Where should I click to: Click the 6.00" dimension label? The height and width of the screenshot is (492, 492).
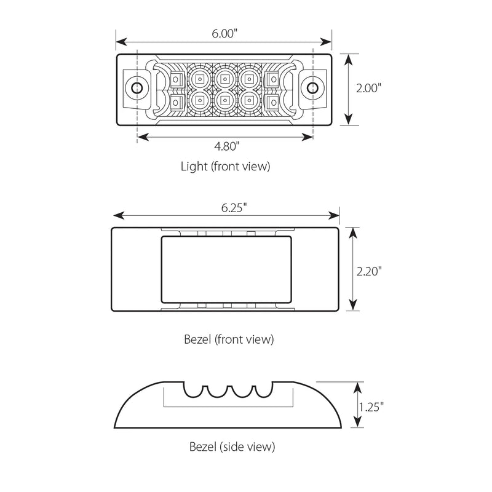tap(225, 33)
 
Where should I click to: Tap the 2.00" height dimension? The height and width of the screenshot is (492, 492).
tap(368, 88)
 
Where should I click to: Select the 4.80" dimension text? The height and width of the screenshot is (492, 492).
tap(225, 146)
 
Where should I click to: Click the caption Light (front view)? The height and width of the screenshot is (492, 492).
tap(225, 165)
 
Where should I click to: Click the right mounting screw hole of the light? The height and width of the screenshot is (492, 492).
tap(312, 88)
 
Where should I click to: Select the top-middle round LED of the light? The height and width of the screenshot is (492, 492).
tap(225, 78)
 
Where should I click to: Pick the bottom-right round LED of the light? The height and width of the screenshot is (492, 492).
tap(249, 98)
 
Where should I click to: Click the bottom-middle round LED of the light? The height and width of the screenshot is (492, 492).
tap(225, 98)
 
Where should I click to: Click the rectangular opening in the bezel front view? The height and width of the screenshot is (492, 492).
tap(225, 269)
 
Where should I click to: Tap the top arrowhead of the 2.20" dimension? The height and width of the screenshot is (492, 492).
tap(352, 231)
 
